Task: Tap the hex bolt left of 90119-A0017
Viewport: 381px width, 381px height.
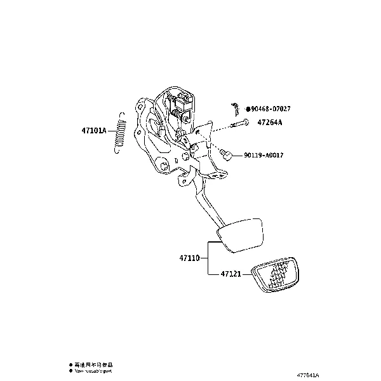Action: [225, 154]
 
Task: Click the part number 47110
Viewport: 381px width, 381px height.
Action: [189, 258]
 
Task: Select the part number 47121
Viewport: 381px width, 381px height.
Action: [231, 274]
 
